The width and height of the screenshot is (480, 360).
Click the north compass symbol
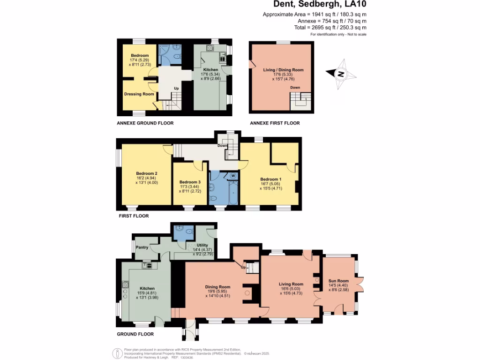pyautogui.click(x=341, y=74)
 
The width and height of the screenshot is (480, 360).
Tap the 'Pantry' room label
pyautogui.click(x=142, y=247)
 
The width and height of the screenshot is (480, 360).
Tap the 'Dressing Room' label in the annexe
pyautogui.click(x=139, y=94)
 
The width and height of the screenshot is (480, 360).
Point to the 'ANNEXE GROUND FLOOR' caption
pyautogui.click(x=145, y=123)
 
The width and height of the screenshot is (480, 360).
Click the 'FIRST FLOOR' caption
pyautogui.click(x=133, y=216)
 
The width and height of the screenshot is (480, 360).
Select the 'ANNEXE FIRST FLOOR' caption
pyautogui.click(x=275, y=123)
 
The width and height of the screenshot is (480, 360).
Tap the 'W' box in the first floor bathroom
pyautogui.click(x=232, y=176)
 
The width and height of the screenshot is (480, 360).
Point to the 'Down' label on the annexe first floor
pyautogui.click(x=295, y=88)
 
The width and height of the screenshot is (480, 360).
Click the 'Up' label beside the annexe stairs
pyautogui.click(x=176, y=89)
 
